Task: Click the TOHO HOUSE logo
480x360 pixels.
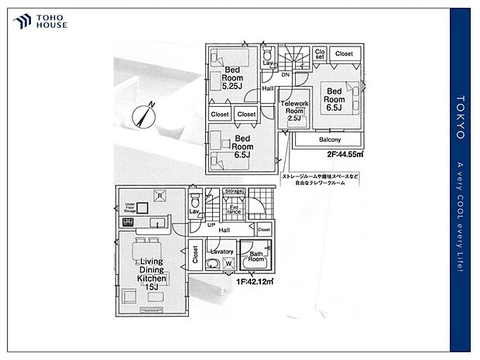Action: tap(39, 22)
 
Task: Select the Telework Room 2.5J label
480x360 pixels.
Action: tap(295, 111)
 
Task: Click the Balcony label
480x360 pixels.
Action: tap(330, 140)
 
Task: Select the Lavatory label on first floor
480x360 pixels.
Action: tap(221, 252)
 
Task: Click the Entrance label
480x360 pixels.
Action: tap(234, 208)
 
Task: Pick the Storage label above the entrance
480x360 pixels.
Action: tap(233, 191)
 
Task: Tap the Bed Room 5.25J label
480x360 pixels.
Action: tap(233, 77)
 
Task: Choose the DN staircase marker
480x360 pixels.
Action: tap(285, 75)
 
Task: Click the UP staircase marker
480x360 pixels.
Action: tap(211, 225)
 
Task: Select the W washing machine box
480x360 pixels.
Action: tap(229, 264)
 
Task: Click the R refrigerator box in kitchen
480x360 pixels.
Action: tap(158, 197)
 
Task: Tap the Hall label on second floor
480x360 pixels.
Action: tap(267, 88)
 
